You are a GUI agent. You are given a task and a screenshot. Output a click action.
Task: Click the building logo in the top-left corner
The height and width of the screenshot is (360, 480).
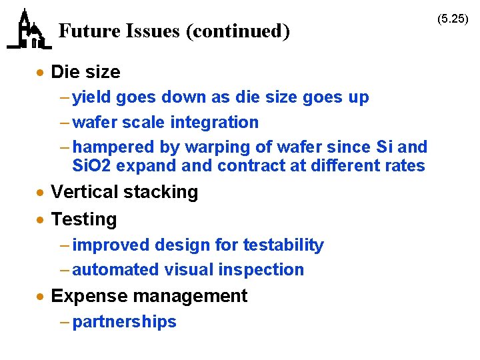pyautogui.click(x=29, y=30)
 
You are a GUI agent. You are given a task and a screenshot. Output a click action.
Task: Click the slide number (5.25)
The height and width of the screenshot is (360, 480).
pyautogui.click(x=453, y=18)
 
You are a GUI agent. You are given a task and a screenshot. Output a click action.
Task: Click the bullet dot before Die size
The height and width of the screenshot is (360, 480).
pyautogui.click(x=41, y=72)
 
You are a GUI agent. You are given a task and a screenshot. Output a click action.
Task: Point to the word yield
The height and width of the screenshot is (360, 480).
pyautogui.click(x=91, y=97)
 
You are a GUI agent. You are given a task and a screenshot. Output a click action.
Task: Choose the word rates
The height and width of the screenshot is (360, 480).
pyautogui.click(x=403, y=165)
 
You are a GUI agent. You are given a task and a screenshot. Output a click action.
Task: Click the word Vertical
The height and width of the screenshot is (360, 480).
pyautogui.click(x=81, y=192)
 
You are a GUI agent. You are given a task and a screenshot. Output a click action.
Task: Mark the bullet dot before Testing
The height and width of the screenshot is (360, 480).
pyautogui.click(x=41, y=219)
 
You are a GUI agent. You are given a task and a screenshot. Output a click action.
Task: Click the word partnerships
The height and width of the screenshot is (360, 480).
pyautogui.click(x=125, y=322)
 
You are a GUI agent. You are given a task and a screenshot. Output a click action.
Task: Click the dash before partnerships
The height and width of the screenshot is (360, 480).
pyautogui.click(x=63, y=322)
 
